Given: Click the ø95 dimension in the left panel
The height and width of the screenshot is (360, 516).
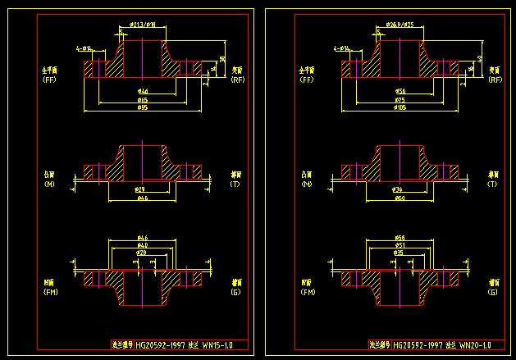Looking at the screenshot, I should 142,107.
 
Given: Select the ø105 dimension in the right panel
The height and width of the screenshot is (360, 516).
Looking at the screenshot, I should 400,107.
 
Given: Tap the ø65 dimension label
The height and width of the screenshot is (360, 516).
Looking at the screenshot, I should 142,99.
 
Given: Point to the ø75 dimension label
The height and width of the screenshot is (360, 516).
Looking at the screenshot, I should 400,99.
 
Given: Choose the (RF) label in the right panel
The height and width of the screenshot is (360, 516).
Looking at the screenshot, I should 494,80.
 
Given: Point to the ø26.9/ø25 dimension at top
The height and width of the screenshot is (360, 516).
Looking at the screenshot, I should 400,25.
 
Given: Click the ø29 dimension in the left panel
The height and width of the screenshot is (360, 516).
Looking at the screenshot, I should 140,189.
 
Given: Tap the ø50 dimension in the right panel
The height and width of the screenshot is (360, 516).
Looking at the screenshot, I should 400,198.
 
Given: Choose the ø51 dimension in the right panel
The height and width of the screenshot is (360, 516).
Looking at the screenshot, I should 400,244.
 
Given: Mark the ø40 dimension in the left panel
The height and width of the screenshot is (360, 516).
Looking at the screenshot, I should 142,244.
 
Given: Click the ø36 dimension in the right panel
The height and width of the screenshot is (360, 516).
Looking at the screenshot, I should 399,189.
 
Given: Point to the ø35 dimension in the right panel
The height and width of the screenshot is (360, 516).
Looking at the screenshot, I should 399,253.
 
